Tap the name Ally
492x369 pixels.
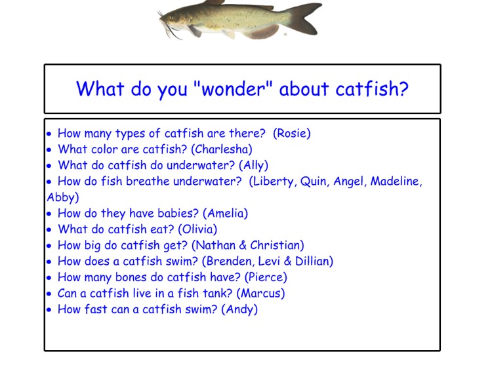point(253,166)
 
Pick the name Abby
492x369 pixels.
point(62,197)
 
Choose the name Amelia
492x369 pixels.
point(225,214)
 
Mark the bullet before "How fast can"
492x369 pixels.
point(49,309)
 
